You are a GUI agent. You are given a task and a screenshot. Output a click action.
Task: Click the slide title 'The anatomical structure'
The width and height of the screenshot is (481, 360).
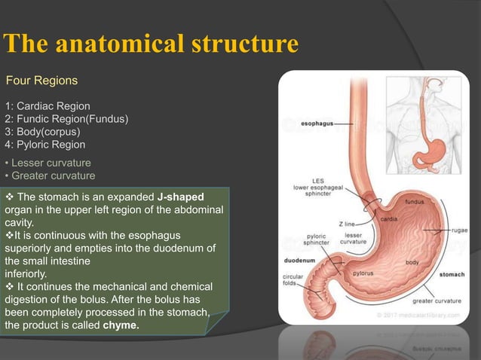(151, 44)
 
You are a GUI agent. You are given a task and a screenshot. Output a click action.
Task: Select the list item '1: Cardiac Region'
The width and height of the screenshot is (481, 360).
(47, 106)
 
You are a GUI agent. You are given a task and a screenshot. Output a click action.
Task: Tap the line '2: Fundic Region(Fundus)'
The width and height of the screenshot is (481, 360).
(66, 119)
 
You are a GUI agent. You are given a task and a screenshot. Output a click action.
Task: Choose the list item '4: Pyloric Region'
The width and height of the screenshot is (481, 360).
(45, 145)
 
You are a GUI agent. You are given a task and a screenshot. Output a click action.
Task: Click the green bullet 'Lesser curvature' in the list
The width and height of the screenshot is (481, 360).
(51, 163)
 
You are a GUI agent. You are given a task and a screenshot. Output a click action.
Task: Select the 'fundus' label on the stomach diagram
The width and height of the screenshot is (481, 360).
(415, 202)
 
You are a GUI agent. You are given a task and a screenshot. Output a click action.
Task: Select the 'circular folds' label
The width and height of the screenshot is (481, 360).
(294, 280)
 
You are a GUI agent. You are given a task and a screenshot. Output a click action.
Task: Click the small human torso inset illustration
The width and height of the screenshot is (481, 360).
(425, 121)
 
